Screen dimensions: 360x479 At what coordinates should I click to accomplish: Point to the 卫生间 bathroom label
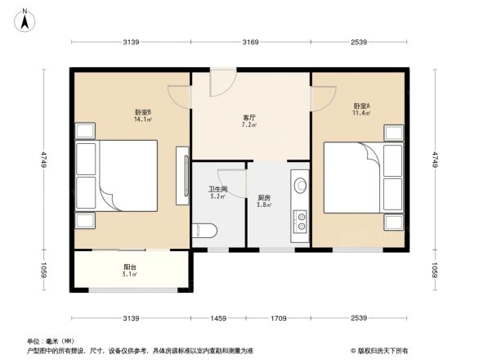pyautogui.click(x=217, y=193)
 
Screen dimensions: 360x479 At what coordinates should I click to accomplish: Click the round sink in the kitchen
pyautogui.click(x=300, y=187)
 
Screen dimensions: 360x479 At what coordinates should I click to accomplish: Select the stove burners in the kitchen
pyautogui.click(x=301, y=219)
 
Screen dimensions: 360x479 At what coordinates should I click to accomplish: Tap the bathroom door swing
pyautogui.click(x=233, y=182)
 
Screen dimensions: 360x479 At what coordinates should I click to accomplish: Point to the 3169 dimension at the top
pyautogui.click(x=250, y=42)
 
